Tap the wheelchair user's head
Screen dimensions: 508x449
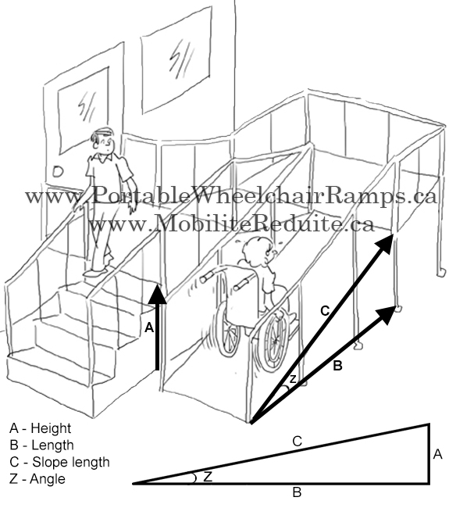point(255,254)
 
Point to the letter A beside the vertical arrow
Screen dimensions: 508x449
point(148,329)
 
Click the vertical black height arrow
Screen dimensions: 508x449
point(158,328)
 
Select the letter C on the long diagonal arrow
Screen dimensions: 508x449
point(326,311)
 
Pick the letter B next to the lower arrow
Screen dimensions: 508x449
point(337,364)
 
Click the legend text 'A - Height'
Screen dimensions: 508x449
point(40,428)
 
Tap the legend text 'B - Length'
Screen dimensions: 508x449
point(41,445)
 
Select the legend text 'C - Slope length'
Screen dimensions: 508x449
point(59,462)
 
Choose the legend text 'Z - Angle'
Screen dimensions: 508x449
point(37,478)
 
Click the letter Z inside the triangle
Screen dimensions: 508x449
point(208,476)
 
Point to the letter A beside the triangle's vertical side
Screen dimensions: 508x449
point(437,454)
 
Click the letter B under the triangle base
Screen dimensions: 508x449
point(296,492)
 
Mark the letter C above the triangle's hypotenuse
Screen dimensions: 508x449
point(297,442)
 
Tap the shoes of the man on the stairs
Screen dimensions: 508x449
point(94,271)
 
